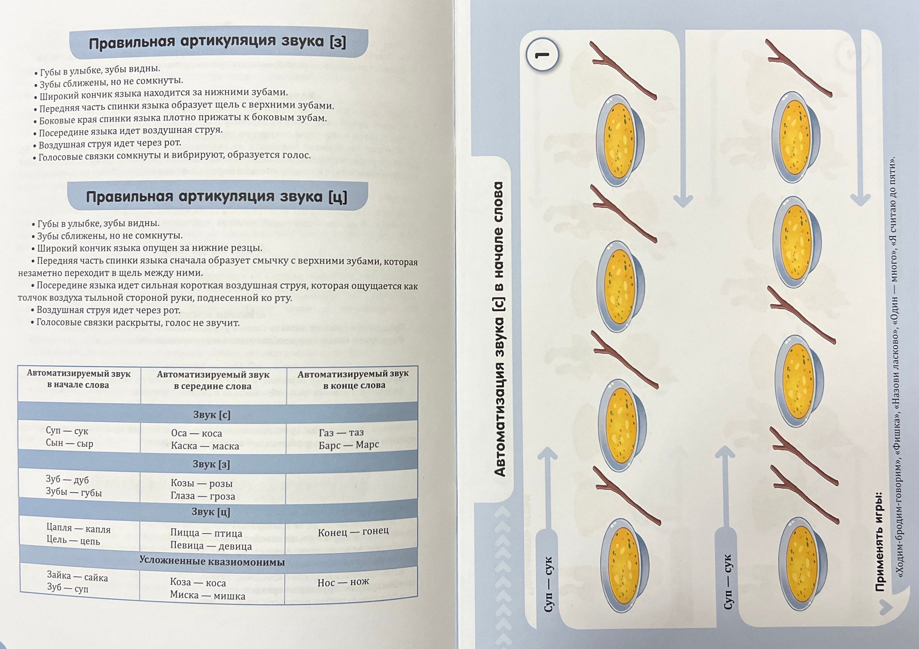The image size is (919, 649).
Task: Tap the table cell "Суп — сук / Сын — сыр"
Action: [x=79, y=436]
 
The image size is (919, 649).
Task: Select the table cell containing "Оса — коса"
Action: [x=213, y=439]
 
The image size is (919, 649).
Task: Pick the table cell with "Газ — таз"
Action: [x=352, y=438]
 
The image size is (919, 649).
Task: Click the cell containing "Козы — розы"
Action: [x=213, y=489]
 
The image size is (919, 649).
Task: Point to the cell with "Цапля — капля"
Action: [x=79, y=534]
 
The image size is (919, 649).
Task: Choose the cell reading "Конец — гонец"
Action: [x=351, y=532]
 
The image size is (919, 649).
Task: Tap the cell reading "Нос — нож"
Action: [x=351, y=582]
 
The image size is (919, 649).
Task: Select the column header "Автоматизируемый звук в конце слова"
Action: [x=353, y=379]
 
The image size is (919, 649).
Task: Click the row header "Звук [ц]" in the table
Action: [x=211, y=512]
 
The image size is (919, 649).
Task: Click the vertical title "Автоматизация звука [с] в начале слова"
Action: [x=499, y=329]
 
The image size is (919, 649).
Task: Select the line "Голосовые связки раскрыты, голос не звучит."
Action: [x=135, y=323]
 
